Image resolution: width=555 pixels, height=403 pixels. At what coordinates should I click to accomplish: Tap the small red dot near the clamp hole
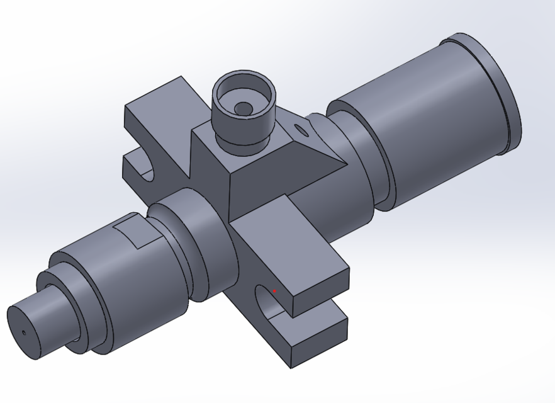[x=274, y=291]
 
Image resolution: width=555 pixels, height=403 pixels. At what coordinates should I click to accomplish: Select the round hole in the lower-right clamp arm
[x=267, y=302]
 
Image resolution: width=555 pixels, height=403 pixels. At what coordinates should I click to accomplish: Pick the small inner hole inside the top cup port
[x=242, y=108]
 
